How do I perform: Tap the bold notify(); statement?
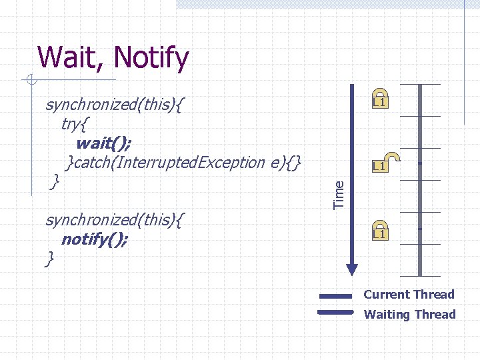tap(94, 239)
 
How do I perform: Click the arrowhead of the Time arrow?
tap(351, 269)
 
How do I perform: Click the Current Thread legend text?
tap(409, 295)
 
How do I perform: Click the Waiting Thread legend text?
tap(409, 315)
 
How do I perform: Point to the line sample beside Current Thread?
tap(335, 296)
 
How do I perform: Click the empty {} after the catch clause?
tap(297, 162)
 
